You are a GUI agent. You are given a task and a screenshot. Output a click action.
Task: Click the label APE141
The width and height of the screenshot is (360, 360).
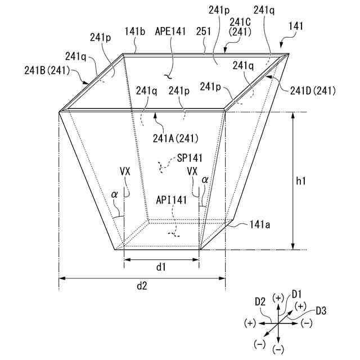coord(170,31)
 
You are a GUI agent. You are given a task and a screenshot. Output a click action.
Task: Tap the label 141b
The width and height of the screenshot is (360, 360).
coord(135,31)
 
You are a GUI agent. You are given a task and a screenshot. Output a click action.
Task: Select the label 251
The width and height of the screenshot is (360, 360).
coord(204,31)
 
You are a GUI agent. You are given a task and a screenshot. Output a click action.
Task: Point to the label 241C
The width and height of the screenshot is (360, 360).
coord(240,22)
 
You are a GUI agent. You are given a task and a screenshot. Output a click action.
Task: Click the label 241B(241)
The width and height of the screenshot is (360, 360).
coord(47,70)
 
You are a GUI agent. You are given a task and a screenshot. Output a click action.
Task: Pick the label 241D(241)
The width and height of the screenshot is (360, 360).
coord(313,91)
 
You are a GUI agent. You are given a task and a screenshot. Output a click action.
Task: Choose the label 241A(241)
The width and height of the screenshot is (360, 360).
coord(175,138)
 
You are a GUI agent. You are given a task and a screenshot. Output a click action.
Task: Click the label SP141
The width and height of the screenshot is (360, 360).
coord(190,158)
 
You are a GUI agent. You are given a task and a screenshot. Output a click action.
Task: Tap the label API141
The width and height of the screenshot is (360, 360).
coord(171,200)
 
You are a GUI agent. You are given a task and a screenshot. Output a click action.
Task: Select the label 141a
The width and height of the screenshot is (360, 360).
coord(260,224)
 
